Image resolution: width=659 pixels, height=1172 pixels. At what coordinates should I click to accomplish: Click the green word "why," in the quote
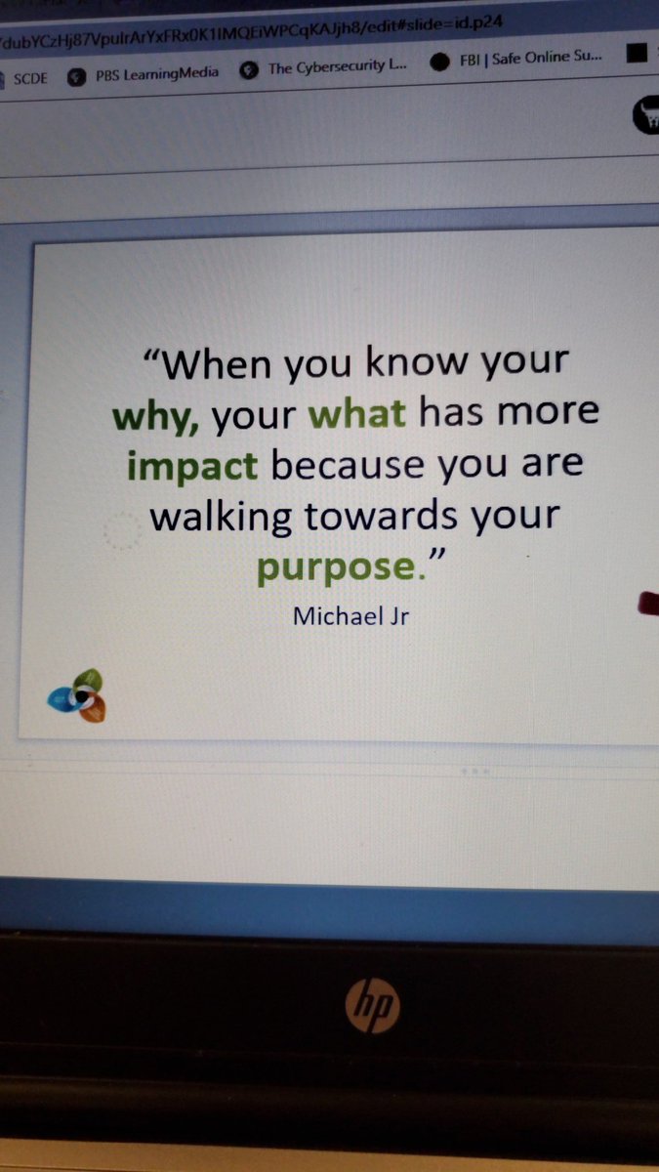point(155,417)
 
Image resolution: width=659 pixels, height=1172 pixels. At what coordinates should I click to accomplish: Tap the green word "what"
point(357,414)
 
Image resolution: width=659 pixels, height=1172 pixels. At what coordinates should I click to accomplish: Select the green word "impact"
point(192,466)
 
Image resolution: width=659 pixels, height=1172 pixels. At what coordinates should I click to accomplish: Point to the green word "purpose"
point(321,567)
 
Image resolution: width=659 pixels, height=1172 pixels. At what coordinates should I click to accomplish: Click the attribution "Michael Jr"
point(350,616)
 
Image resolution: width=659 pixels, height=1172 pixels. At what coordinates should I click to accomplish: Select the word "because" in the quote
point(348,465)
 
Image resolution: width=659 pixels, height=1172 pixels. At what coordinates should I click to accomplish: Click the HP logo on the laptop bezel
point(372,1004)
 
